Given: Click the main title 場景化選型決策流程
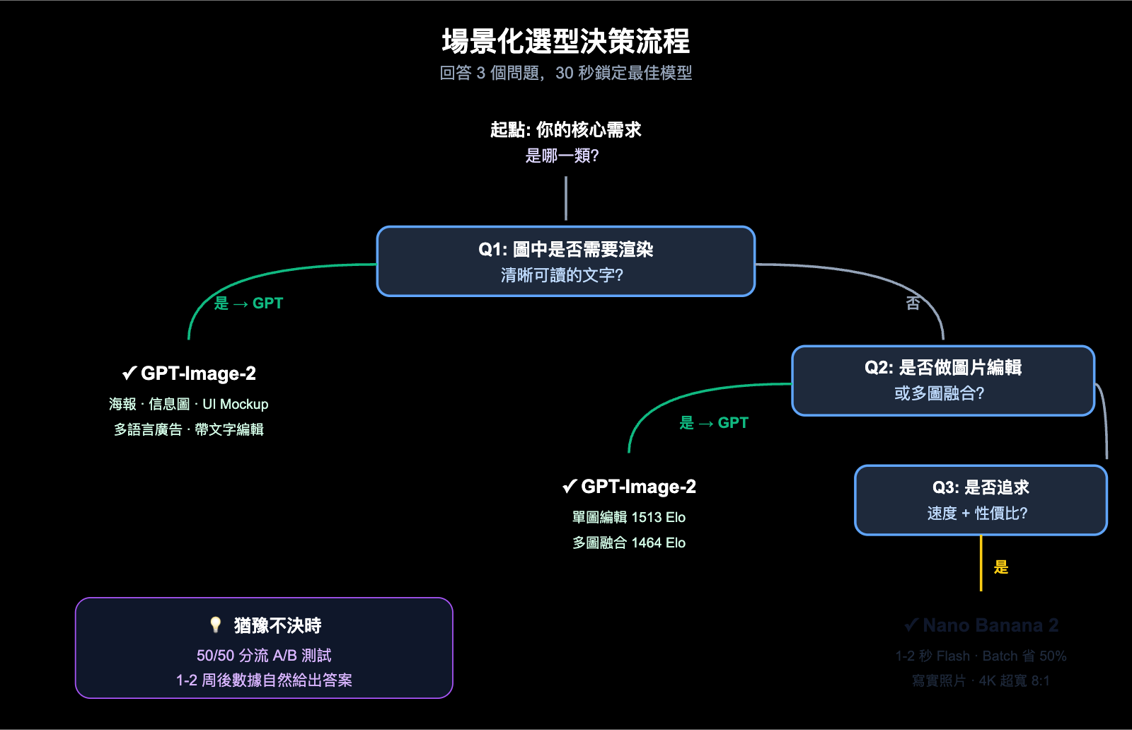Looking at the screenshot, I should pos(565,41).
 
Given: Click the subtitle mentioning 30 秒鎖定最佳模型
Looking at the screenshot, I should pos(565,73).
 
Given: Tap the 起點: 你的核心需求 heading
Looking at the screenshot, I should pos(565,129).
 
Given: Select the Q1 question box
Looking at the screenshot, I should pos(565,261).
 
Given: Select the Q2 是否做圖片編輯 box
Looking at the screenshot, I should pos(942,381).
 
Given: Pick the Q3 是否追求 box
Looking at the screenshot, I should pos(980,499).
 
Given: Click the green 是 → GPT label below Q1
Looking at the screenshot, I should pos(248,303).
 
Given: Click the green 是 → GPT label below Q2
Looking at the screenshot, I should pos(713,423).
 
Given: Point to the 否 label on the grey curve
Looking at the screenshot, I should pos(913,303).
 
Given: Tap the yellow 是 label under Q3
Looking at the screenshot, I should pos(1000,567).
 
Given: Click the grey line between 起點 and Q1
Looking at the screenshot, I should pos(565,198).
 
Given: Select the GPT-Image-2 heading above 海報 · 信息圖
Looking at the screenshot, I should pos(189,373).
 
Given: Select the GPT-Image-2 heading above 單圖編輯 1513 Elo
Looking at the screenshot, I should pos(629,487).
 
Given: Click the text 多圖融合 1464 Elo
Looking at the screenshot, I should pos(629,543).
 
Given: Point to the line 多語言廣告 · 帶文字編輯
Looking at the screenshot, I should pos(189,429).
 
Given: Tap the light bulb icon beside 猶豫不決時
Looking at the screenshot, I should pos(216,625).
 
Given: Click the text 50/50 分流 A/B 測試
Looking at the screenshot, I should pos(264,655).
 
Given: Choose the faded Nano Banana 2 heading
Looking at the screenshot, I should pos(981,625).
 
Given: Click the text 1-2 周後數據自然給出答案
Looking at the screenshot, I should pos(264,680).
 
